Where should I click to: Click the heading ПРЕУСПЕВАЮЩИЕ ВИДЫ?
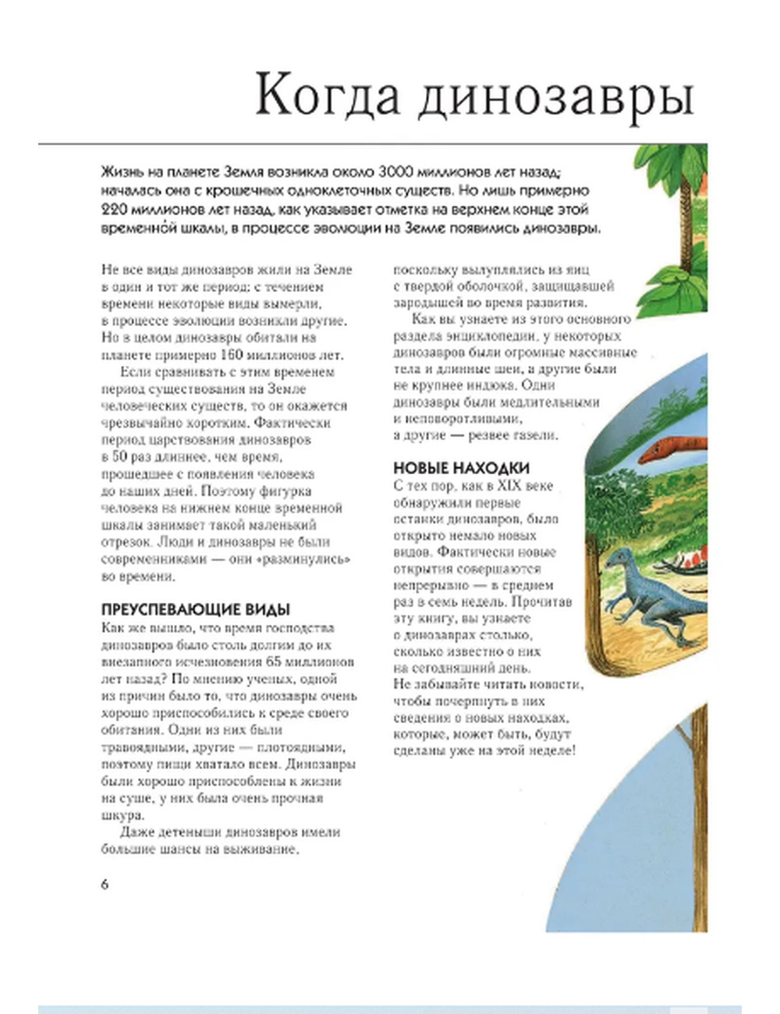[x=196, y=610]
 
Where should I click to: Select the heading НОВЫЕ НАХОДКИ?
[x=461, y=468]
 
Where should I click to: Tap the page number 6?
[x=105, y=884]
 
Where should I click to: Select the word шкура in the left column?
[x=122, y=815]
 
